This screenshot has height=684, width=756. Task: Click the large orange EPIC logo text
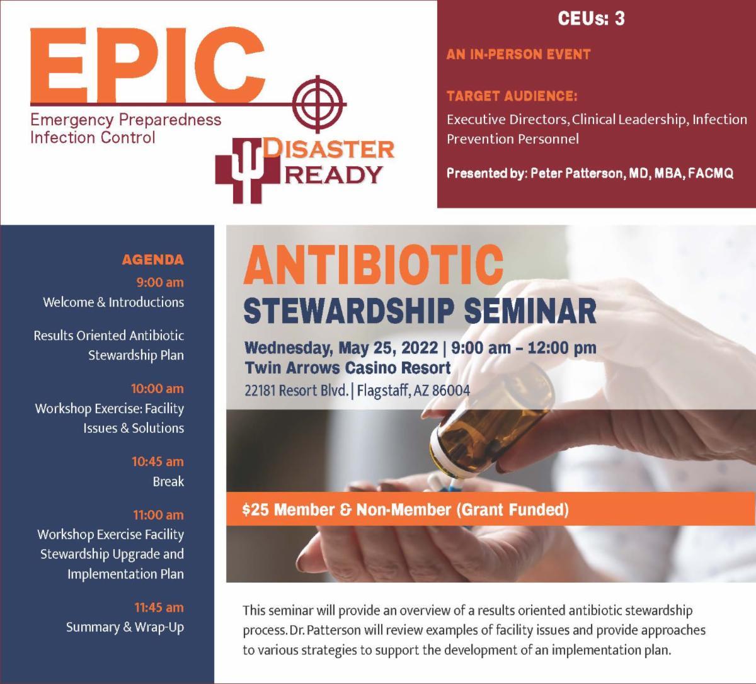pos(147,64)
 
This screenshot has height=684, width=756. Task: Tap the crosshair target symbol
pos(319,104)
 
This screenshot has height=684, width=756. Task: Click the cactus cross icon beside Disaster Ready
pos(247,171)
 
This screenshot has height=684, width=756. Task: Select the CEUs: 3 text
pos(591,18)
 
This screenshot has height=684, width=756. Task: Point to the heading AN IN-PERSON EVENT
pos(518,54)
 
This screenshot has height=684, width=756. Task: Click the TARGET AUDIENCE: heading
pos(512,96)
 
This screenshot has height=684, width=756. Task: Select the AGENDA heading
pos(152,259)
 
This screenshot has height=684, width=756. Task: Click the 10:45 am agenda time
pos(157,461)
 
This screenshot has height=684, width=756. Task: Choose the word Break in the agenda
pos(168,481)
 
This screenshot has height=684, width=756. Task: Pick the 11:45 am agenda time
pos(159,607)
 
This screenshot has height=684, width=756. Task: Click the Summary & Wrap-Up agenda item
pos(125,627)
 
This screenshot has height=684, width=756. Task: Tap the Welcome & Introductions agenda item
pos(113,302)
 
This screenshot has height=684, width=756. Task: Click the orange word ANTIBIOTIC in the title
pos(373,265)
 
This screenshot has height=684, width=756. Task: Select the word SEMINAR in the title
pos(530,311)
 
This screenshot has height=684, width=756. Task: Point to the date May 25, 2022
pos(388,348)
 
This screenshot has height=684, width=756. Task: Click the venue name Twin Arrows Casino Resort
pos(348,367)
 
